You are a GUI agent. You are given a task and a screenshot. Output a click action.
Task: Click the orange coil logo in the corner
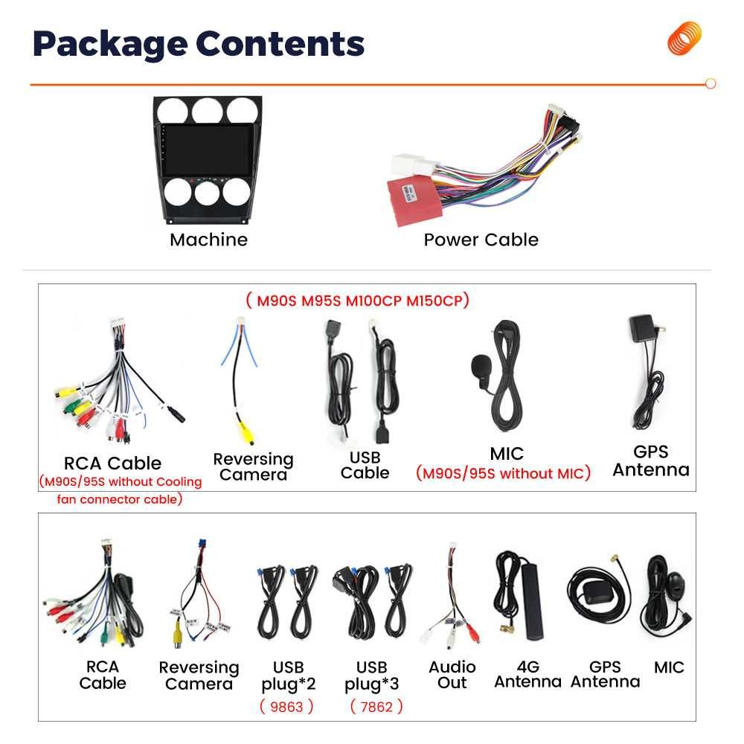tap(684, 38)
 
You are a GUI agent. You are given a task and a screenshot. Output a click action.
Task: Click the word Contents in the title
tap(280, 44)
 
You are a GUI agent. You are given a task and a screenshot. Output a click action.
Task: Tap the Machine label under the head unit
tap(209, 240)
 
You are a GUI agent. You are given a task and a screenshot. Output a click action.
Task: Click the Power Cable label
tap(481, 240)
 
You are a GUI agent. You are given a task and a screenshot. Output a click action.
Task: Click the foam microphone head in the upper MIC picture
tap(480, 366)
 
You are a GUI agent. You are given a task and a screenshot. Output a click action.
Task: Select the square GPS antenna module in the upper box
tap(642, 327)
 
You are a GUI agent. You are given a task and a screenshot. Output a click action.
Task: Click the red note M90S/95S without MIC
tap(504, 473)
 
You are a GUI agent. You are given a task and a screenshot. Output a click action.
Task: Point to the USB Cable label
tap(365, 465)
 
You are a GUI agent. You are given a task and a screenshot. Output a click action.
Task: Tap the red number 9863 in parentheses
tap(286, 707)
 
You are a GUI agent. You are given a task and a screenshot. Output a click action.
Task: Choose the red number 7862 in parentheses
tap(376, 707)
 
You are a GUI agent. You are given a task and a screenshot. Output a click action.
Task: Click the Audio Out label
tap(452, 675)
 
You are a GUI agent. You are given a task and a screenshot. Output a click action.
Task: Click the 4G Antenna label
tap(527, 674)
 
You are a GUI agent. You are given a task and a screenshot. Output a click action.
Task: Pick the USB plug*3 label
tap(371, 676)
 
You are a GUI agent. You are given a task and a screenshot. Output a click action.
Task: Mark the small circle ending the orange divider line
tap(711, 83)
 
